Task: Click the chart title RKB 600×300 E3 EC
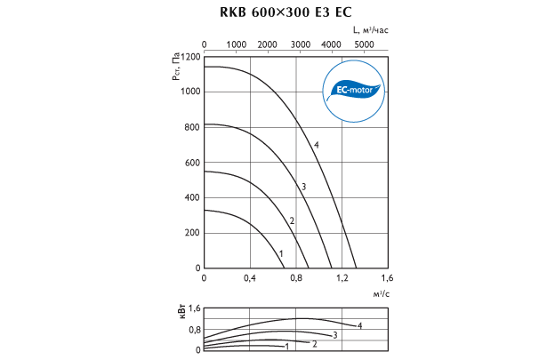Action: pyautogui.click(x=277, y=12)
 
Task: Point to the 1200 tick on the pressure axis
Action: pyautogui.click(x=191, y=56)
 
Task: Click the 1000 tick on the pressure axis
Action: pyautogui.click(x=191, y=92)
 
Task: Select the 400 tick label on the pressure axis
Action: pyautogui.click(x=193, y=197)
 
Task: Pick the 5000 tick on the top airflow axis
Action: pyautogui.click(x=364, y=44)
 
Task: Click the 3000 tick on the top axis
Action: pyautogui.click(x=300, y=44)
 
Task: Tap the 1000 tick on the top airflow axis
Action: pyautogui.click(x=237, y=44)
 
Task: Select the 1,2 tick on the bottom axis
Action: pyautogui.click(x=341, y=279)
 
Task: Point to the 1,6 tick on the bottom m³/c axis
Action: pyautogui.click(x=386, y=279)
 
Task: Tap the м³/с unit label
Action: pyautogui.click(x=380, y=293)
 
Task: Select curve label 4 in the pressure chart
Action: pyautogui.click(x=316, y=145)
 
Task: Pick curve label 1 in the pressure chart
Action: pyautogui.click(x=281, y=254)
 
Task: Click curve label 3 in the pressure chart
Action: pyautogui.click(x=303, y=187)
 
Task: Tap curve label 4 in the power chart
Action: pyautogui.click(x=359, y=326)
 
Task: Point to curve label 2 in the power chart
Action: pyautogui.click(x=314, y=343)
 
